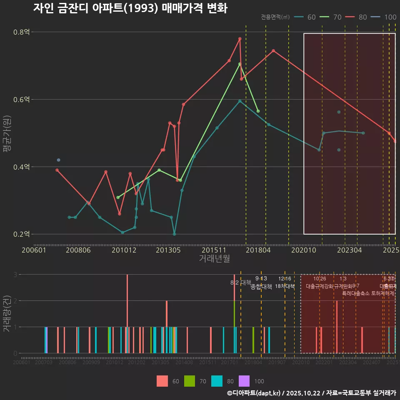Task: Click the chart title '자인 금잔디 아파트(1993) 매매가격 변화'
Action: [x=130, y=8]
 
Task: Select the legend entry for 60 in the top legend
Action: [x=305, y=17]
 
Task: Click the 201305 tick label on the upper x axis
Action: [x=168, y=250]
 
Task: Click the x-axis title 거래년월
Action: [x=214, y=259]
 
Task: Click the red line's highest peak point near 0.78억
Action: [x=240, y=39]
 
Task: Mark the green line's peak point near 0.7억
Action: [x=240, y=64]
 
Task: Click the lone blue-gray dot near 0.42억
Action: [x=58, y=160]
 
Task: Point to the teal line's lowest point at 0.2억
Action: [x=174, y=234]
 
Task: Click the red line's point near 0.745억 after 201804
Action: [x=273, y=51]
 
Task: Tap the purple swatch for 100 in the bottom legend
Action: [x=244, y=381]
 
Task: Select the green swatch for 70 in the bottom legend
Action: [x=190, y=381]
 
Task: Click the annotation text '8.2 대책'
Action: [x=241, y=282]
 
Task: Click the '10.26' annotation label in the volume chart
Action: [x=320, y=279]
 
